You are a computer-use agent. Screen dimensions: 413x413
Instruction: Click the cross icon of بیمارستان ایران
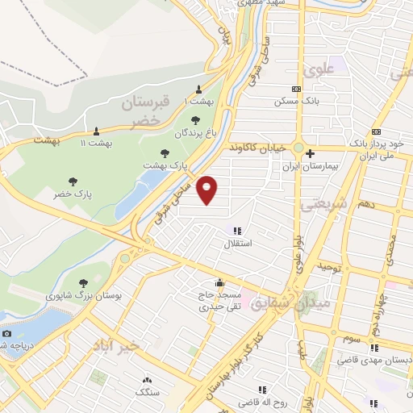coord(310,153)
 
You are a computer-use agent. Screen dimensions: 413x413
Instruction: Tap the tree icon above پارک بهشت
coord(165,152)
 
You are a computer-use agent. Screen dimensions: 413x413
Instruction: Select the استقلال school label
coord(237,242)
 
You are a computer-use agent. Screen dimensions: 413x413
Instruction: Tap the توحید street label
coord(331,265)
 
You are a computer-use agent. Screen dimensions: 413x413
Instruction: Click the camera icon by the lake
coord(6,334)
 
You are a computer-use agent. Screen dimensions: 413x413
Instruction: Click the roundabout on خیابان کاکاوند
coord(298,149)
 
